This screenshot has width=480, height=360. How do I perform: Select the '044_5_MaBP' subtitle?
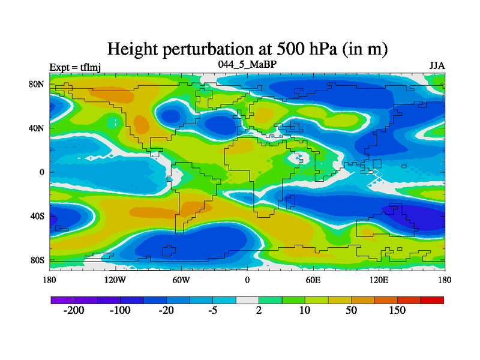click(x=247, y=64)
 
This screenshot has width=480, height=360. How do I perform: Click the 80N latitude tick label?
click(x=37, y=84)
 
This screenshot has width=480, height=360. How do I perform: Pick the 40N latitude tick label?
click(x=37, y=128)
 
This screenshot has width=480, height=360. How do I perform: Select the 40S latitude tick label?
click(x=37, y=216)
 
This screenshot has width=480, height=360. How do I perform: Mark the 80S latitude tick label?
click(x=37, y=260)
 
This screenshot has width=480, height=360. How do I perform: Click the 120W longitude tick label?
click(x=115, y=280)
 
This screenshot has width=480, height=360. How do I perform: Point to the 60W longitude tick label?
click(x=181, y=280)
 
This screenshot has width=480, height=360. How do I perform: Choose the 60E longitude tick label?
click(x=313, y=280)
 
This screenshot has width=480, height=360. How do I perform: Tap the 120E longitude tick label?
click(x=379, y=280)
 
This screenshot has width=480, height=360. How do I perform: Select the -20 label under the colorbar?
click(x=166, y=311)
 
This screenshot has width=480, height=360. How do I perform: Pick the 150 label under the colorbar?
click(x=397, y=311)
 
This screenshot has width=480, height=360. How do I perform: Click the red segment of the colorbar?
click(x=432, y=299)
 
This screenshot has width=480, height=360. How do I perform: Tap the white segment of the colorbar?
click(x=247, y=299)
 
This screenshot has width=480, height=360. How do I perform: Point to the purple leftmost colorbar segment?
click(x=62, y=299)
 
